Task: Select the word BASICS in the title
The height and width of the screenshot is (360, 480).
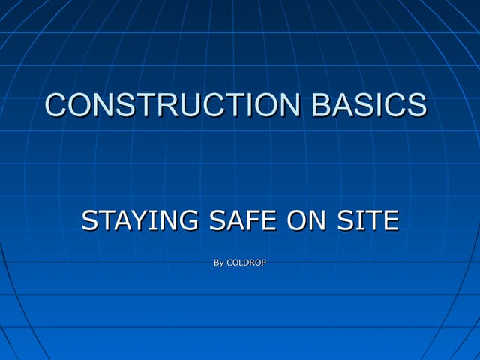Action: pyautogui.click(x=369, y=105)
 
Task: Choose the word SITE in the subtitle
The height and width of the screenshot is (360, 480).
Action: pyautogui.click(x=369, y=221)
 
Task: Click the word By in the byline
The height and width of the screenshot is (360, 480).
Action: pyautogui.click(x=218, y=262)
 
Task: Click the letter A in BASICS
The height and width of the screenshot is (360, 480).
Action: pyautogui.click(x=341, y=105)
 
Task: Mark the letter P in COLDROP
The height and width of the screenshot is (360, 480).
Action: pyautogui.click(x=263, y=262)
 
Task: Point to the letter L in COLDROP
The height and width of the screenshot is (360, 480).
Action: pyautogui.click(x=240, y=262)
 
